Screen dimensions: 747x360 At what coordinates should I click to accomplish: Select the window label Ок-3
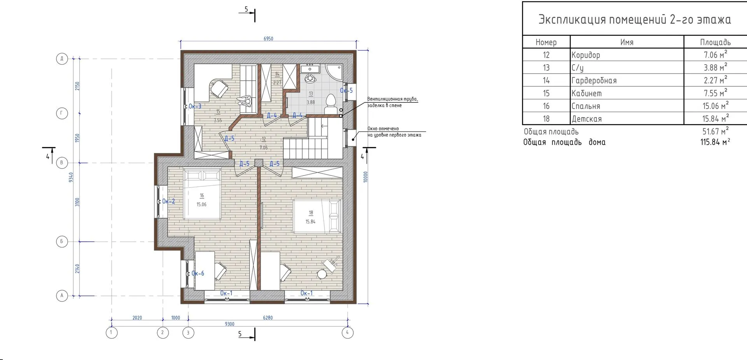(195, 106)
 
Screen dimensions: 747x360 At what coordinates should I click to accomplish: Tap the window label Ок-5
(346, 91)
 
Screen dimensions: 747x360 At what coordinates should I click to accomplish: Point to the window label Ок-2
(168, 201)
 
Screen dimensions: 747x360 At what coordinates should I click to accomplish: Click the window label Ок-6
(198, 273)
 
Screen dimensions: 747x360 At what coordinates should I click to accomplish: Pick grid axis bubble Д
(62, 59)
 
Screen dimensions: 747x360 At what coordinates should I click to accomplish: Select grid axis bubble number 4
(347, 333)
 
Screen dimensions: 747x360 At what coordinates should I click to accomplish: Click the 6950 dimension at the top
(268, 39)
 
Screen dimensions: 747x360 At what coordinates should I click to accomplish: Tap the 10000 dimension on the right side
(365, 177)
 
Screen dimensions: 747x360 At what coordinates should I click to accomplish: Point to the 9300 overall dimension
(230, 324)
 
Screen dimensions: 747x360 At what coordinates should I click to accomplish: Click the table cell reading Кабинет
(586, 93)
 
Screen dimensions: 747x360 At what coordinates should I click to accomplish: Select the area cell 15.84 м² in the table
(715, 118)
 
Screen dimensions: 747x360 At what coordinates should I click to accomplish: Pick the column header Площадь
(715, 42)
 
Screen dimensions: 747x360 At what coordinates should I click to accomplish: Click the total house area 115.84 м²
(715, 142)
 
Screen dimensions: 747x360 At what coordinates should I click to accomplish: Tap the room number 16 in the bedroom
(202, 196)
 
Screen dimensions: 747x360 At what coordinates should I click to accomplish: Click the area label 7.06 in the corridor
(264, 148)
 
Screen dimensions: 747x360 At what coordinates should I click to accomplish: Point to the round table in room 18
(322, 274)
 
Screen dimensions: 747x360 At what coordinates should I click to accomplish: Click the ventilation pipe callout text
(393, 102)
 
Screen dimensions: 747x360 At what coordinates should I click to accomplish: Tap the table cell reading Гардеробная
(594, 81)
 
